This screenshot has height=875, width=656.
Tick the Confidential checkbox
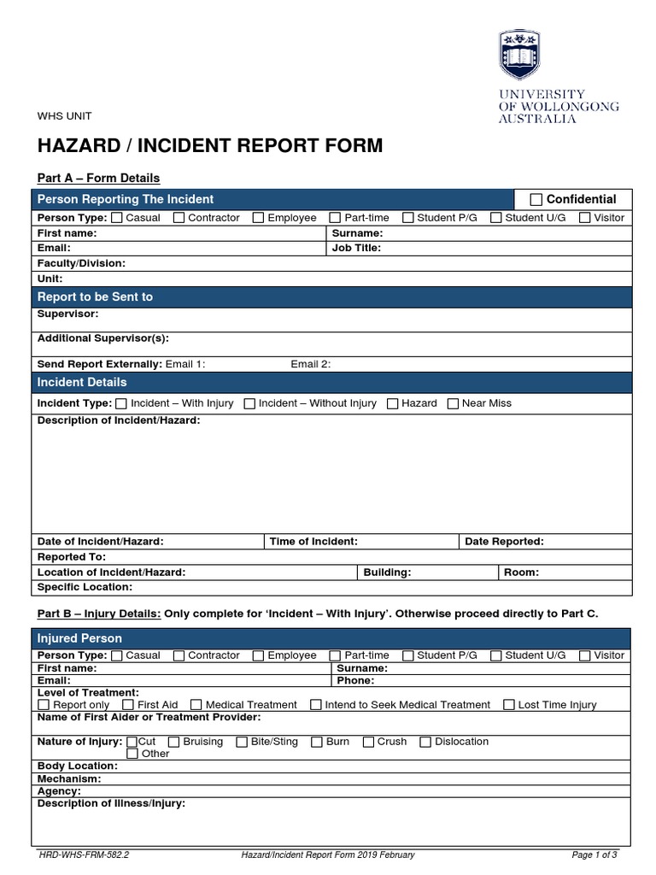[536, 200]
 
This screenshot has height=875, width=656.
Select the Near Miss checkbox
[454, 403]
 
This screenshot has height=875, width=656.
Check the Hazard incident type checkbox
[393, 403]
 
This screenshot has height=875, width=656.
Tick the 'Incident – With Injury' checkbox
[121, 403]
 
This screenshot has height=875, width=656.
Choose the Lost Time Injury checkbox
[509, 705]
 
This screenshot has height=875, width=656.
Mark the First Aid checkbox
[128, 705]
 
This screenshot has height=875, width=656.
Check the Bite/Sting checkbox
[242, 742]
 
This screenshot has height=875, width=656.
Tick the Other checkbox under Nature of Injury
[132, 754]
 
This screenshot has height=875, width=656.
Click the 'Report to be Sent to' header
[95, 297]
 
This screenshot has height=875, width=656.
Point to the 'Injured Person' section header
[79, 638]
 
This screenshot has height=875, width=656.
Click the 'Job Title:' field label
[356, 248]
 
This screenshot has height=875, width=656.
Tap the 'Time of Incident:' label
[313, 541]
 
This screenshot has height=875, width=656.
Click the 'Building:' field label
[387, 572]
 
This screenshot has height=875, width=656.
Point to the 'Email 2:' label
[310, 364]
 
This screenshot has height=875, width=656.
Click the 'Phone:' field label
[355, 680]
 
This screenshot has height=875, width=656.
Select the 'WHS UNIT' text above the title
[64, 115]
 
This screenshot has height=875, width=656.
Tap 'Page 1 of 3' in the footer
[594, 854]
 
